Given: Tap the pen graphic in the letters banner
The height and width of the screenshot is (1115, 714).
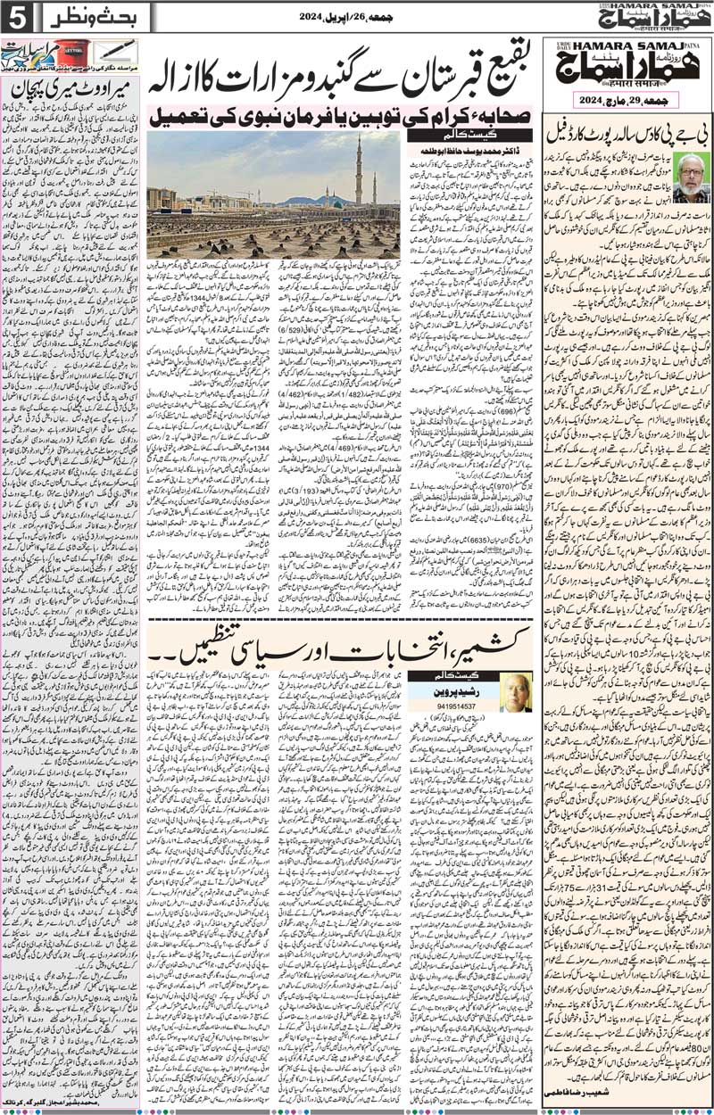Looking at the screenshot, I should (x=116, y=49).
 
